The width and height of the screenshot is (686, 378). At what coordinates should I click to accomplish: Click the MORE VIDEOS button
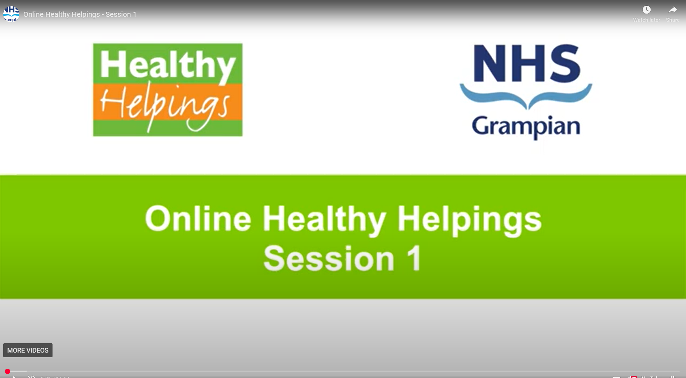tap(28, 350)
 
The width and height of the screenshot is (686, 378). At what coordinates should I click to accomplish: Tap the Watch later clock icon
tap(646, 10)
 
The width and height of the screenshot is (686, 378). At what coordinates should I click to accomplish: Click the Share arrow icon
tap(672, 10)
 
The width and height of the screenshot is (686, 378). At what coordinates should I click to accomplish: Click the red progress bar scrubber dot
tap(8, 372)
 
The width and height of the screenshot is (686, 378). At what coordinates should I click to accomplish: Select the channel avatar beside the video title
tap(11, 14)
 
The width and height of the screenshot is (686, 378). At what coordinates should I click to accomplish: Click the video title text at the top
tap(80, 14)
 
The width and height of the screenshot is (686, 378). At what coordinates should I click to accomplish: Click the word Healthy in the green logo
tap(168, 64)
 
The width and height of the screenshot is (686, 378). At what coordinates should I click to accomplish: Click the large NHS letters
tap(526, 64)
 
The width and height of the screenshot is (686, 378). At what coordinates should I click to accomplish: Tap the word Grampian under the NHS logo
tap(526, 127)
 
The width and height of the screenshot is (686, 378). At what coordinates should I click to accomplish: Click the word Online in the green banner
tap(198, 219)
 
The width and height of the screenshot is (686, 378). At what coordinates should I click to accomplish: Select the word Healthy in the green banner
tap(324, 219)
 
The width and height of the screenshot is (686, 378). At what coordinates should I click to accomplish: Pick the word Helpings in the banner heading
tap(469, 219)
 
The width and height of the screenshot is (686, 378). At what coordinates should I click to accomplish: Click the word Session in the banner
tap(329, 259)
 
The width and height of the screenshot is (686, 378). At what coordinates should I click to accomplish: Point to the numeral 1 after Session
tap(414, 258)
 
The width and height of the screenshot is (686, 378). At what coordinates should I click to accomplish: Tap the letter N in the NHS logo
tap(491, 64)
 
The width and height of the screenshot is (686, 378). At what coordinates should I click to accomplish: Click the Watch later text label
tap(646, 20)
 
